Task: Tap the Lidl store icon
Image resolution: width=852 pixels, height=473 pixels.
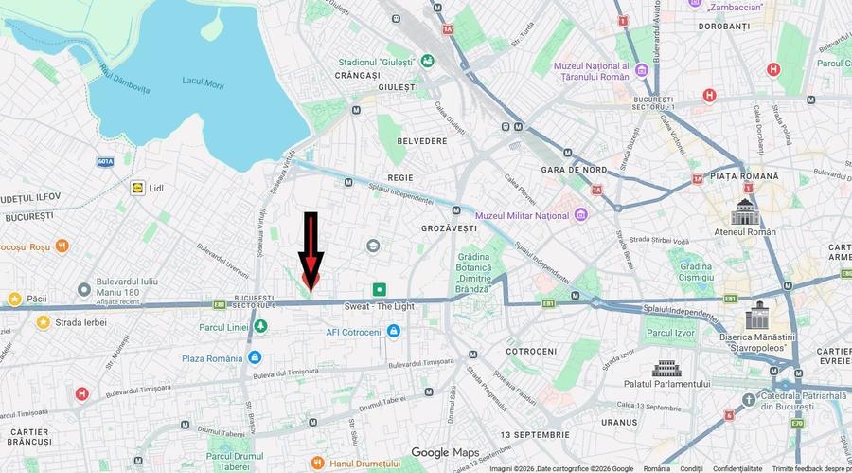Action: (138, 188)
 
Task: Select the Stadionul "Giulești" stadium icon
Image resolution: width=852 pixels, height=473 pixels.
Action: (428, 61)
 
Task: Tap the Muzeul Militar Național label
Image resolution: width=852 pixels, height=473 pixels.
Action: (528, 215)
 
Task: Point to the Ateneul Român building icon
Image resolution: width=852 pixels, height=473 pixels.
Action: (745, 210)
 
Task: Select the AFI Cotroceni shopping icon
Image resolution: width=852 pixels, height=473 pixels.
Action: (394, 332)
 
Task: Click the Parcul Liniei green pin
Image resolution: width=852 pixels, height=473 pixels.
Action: (259, 327)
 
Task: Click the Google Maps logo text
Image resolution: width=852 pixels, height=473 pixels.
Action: (445, 452)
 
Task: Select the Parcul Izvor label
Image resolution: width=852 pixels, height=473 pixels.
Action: (671, 333)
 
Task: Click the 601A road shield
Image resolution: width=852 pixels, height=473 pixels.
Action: (105, 161)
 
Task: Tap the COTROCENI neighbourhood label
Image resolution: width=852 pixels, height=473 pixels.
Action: (531, 351)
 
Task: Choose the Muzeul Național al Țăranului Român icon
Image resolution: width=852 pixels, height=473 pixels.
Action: (641, 68)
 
